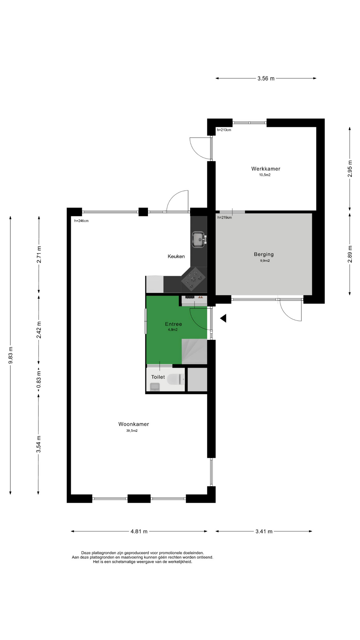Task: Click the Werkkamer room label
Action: tap(266, 169)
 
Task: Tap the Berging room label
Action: tap(264, 254)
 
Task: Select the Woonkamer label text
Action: tap(134, 424)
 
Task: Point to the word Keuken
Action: tap(176, 256)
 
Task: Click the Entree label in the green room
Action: tap(173, 324)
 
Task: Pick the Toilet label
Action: tap(158, 377)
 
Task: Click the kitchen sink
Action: tap(199, 240)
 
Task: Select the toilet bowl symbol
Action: tap(176, 379)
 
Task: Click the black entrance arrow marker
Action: tap(223, 318)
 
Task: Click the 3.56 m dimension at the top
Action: tap(266, 79)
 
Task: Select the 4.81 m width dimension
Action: tap(139, 531)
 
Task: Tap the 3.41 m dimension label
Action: tap(264, 531)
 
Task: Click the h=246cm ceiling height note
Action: tap(81, 221)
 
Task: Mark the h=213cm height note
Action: tap(224, 130)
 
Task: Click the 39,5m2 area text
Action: tap(132, 431)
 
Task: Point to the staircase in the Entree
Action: tap(194, 351)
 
